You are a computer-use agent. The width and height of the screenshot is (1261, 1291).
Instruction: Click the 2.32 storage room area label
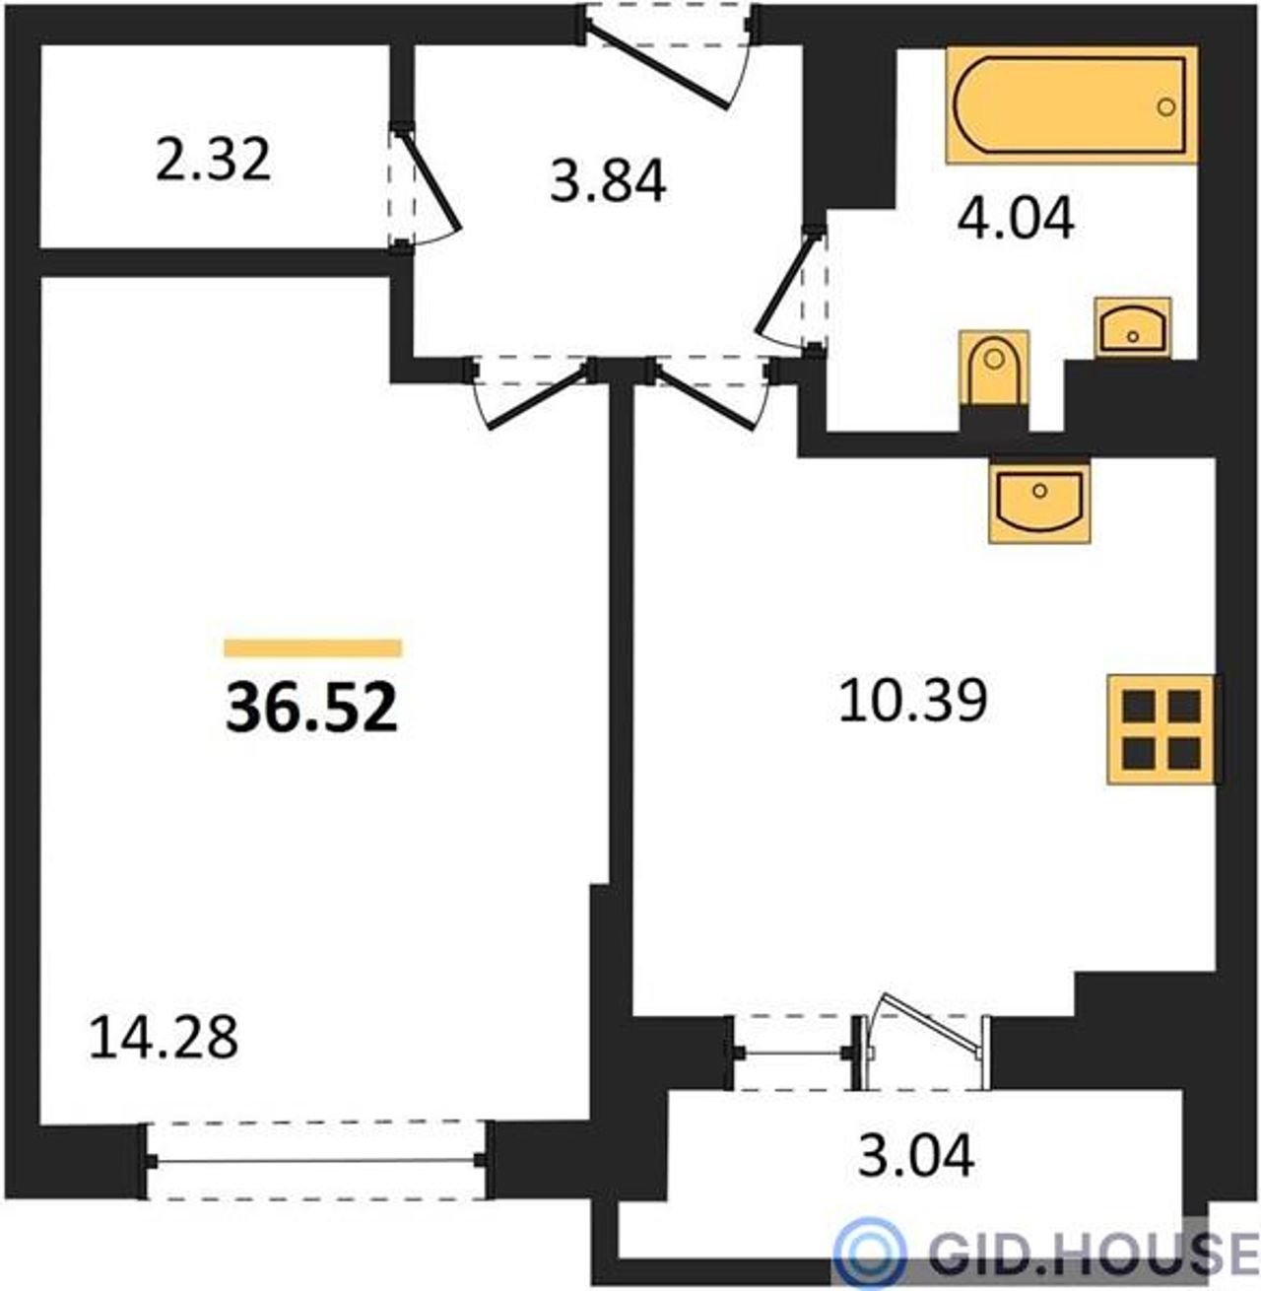pyautogui.click(x=214, y=160)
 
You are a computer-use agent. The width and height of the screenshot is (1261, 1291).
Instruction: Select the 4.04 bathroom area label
pyautogui.click(x=1015, y=220)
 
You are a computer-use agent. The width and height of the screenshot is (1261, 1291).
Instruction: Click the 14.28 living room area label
pyautogui.click(x=164, y=1039)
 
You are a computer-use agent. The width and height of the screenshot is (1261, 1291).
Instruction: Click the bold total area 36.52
pyautogui.click(x=311, y=708)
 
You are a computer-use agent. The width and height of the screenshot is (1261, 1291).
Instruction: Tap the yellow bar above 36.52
pyautogui.click(x=312, y=647)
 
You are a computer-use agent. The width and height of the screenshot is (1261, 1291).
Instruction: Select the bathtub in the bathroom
pyautogui.click(x=1071, y=104)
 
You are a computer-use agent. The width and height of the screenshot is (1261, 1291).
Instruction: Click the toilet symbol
pyautogui.click(x=994, y=369)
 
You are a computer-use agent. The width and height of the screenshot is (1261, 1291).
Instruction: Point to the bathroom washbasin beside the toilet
pyautogui.click(x=1132, y=328)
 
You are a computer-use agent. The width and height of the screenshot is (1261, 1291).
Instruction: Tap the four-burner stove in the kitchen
pyautogui.click(x=1161, y=729)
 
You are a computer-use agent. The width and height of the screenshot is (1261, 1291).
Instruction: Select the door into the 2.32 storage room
pyautogui.click(x=424, y=188)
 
